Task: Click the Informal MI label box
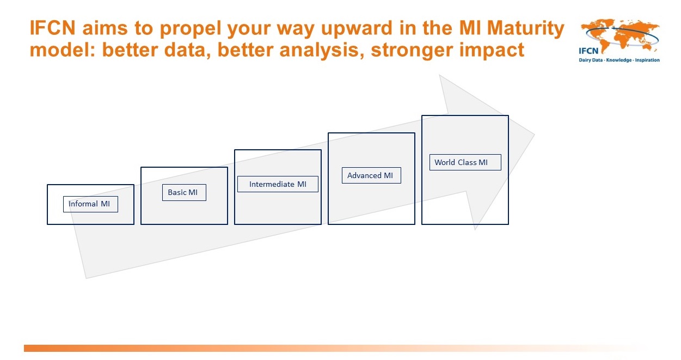(90, 204)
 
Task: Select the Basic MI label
(184, 192)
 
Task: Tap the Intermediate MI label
(278, 184)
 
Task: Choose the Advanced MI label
(371, 175)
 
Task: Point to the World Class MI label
(465, 162)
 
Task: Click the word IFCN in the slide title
(53, 28)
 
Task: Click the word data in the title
(187, 50)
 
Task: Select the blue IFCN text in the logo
(588, 51)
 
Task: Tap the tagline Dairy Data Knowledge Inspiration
(619, 60)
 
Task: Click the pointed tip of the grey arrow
(534, 135)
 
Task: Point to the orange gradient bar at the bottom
(334, 348)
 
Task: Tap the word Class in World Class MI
(467, 162)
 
